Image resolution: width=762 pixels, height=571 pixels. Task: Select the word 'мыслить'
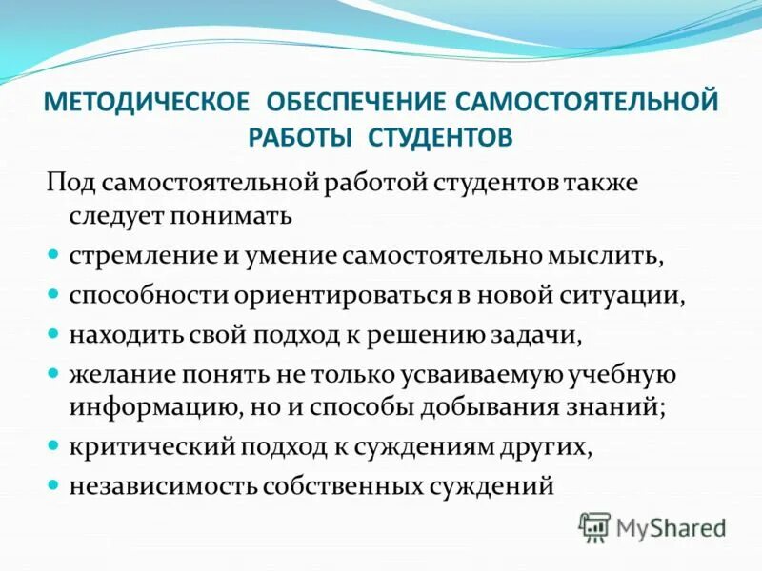click(606, 256)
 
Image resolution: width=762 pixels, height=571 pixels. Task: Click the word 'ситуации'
click(628, 295)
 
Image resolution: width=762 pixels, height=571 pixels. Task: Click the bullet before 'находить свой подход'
click(53, 334)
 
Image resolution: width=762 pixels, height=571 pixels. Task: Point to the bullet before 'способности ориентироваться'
click(53, 295)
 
